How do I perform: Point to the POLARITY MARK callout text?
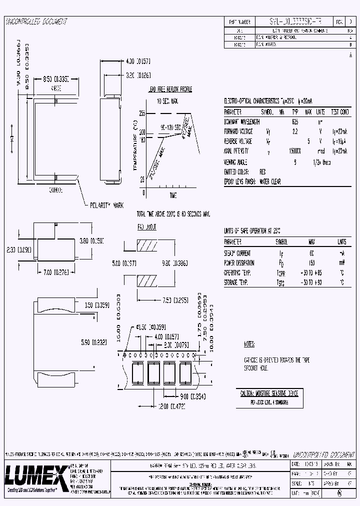tap(106, 205)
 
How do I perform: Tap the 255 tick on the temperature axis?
tap(142, 113)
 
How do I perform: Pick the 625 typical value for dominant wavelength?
tap(296, 121)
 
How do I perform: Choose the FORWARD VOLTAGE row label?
tap(239, 131)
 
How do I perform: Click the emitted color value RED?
tap(262, 171)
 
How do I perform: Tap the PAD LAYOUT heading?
tap(147, 227)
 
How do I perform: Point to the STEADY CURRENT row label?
tap(237, 253)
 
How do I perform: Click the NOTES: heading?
tap(249, 344)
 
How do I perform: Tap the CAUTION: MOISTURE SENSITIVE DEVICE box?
tap(269, 393)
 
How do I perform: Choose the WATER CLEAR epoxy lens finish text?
tap(273, 181)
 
